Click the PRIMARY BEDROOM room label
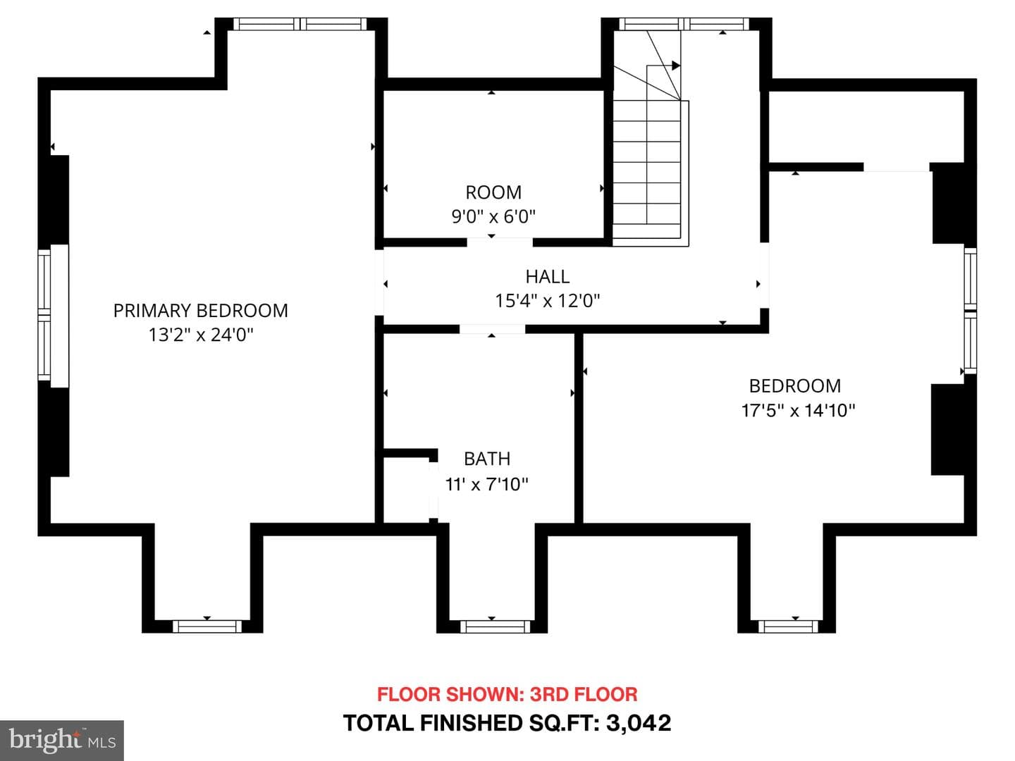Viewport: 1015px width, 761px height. (201, 311)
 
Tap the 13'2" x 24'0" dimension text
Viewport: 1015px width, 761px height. (201, 335)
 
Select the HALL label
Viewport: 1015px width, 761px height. (548, 277)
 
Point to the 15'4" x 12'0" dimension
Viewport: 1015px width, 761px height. (548, 301)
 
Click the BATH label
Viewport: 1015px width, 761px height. (487, 459)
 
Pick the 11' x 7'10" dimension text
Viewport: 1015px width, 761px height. (486, 484)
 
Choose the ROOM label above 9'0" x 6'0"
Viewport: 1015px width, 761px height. (493, 192)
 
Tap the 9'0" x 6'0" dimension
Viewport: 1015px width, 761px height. (493, 216)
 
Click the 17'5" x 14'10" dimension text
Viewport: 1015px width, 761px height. (798, 410)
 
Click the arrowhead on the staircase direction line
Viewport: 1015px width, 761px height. (675, 66)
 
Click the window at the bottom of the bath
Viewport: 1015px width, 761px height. (496, 626)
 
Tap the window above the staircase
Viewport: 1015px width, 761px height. (684, 24)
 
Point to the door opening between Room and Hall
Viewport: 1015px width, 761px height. (500, 242)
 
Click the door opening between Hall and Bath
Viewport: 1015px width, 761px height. (492, 329)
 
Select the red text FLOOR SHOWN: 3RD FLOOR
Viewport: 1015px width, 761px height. (508, 694)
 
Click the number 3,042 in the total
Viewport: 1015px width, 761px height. (638, 724)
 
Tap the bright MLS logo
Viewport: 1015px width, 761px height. (62, 740)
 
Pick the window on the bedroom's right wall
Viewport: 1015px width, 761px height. (970, 311)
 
